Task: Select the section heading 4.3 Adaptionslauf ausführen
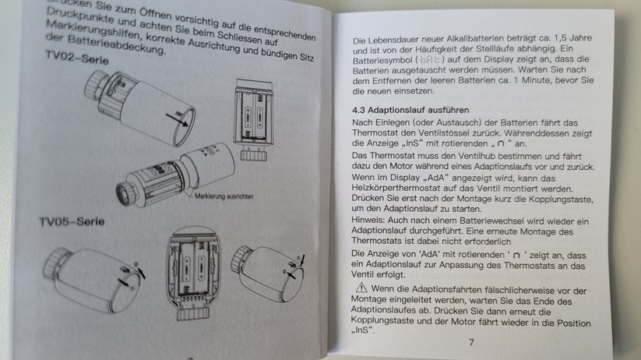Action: click(x=418, y=111)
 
